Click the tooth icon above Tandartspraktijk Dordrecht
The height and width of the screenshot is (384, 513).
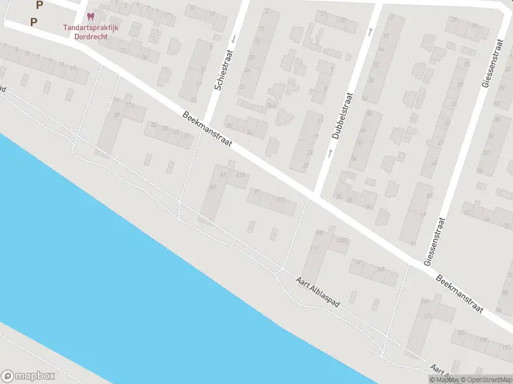89,16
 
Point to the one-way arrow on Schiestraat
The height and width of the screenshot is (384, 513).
233,38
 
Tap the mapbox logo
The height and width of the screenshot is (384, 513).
28,376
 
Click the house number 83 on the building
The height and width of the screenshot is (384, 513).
212,186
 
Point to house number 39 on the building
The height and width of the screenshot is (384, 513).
117,115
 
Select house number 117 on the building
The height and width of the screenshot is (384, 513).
314,248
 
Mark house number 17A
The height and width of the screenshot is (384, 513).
130,105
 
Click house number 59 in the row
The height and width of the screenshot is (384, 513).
187,136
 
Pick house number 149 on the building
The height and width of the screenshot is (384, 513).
424,301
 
